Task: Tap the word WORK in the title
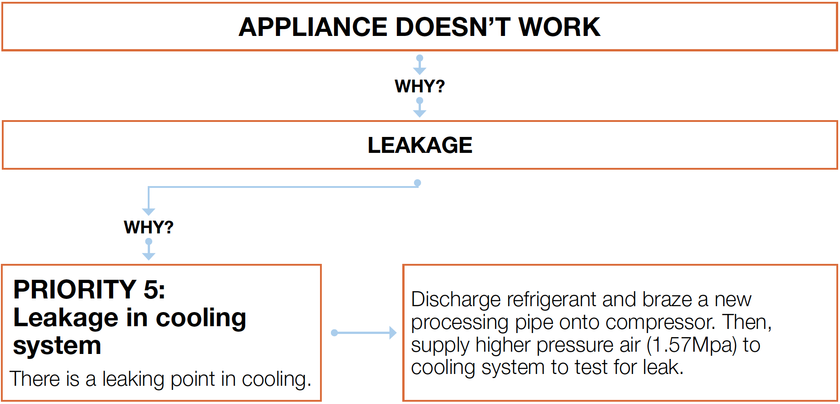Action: (x=560, y=27)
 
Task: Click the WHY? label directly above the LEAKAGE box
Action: (x=420, y=86)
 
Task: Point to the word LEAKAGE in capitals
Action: (x=420, y=146)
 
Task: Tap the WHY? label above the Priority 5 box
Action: (x=149, y=227)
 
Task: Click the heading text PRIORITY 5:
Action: (x=89, y=289)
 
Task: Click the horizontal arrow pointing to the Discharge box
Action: (x=364, y=333)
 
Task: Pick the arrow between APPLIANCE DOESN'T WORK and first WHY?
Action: (x=420, y=65)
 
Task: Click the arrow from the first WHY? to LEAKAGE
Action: (x=420, y=108)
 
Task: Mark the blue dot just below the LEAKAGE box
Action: (x=417, y=183)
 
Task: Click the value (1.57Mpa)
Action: (x=692, y=345)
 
